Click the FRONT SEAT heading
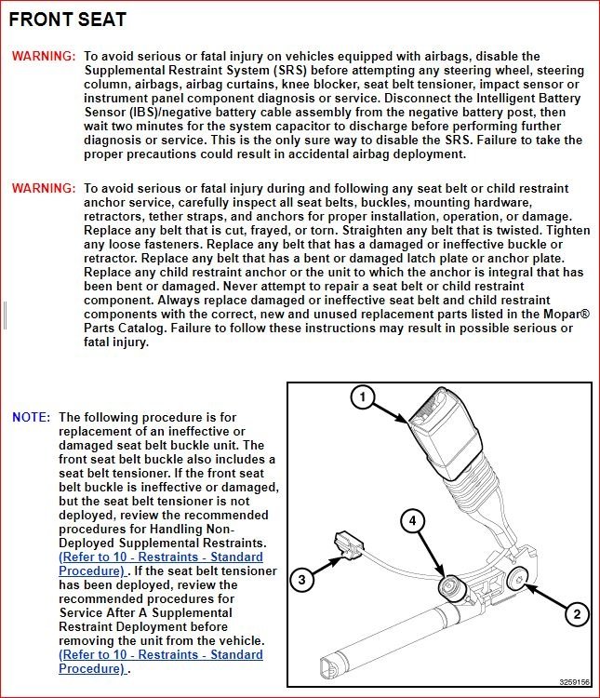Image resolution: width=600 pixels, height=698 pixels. pos(68,20)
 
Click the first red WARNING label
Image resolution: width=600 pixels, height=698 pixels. pos(44,57)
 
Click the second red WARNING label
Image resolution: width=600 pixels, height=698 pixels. pos(44,189)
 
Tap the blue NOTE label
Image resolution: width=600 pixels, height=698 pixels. pos(31,418)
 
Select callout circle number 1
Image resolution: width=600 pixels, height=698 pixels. pos(364,398)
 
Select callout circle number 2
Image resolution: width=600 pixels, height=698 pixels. pos(578,614)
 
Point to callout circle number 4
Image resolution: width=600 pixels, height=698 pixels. pos(414,521)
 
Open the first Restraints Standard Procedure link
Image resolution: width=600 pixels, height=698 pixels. pos(160,564)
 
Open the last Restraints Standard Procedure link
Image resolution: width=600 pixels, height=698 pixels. pos(160,662)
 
